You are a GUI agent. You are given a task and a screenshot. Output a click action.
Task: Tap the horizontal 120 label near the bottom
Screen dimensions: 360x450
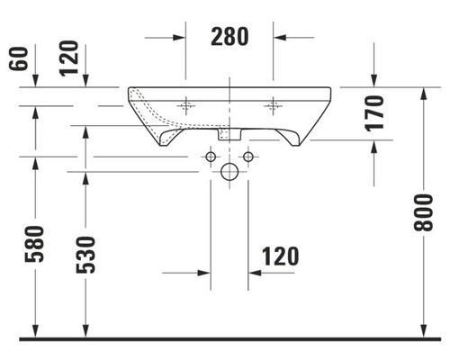281,256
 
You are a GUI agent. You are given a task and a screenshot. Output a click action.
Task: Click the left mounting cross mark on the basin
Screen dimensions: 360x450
187,106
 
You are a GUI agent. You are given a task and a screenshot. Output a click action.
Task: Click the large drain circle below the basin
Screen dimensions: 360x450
229,173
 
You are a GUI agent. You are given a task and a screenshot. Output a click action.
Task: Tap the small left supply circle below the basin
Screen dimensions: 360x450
210,158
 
